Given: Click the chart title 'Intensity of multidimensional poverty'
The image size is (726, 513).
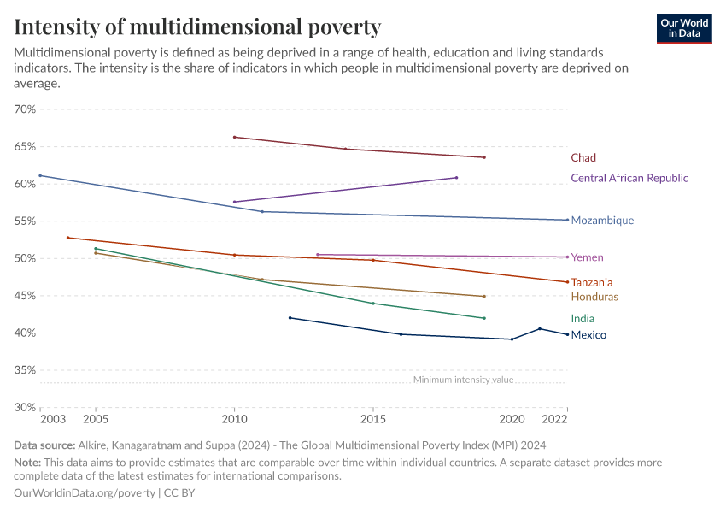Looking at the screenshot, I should point(197,27).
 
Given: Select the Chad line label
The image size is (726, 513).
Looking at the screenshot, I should point(583,158).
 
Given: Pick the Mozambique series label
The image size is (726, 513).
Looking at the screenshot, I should point(602,221).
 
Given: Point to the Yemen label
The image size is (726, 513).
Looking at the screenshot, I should point(587,257).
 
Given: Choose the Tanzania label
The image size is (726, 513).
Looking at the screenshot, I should point(591,283).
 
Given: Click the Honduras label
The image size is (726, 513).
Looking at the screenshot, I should point(594,298).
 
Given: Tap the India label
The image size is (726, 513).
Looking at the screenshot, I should point(583,319).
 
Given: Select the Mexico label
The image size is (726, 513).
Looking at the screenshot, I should point(588,335).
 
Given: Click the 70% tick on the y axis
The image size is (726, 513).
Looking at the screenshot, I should point(25,109).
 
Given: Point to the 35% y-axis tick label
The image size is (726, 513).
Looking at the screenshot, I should point(25,370).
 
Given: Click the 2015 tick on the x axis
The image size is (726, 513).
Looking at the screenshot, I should point(373,420).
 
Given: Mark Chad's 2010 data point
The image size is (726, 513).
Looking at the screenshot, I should point(234,137).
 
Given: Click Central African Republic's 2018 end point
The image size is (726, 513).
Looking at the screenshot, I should point(457,178).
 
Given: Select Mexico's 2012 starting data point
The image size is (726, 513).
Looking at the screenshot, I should point(290,318).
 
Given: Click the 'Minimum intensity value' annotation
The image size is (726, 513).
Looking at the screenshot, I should point(463,380).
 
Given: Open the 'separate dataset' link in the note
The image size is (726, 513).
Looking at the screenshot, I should point(549,463).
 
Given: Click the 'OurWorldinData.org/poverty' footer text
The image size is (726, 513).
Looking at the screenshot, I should point(85,493).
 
